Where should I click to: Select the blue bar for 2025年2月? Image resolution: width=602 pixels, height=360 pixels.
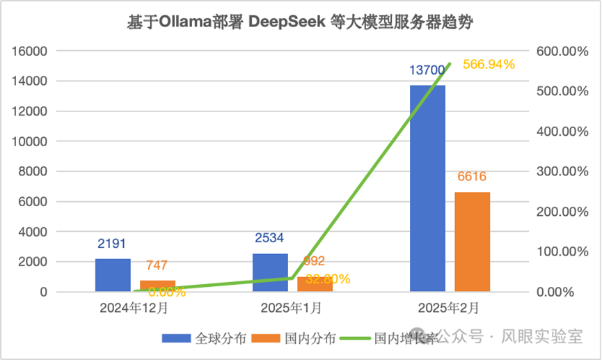click(427, 188)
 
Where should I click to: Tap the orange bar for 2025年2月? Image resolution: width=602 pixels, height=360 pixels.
click(473, 242)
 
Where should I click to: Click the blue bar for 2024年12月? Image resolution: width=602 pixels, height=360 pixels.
click(113, 275)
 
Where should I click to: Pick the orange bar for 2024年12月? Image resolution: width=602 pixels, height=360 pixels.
click(158, 286)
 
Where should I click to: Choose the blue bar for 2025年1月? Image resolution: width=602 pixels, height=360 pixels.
click(270, 272)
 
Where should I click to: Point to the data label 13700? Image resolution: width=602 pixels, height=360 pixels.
click(427, 70)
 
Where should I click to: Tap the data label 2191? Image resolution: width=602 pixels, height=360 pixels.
click(113, 244)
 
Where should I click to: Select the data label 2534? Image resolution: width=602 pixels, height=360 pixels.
click(270, 239)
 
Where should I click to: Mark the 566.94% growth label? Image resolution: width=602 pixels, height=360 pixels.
click(489, 65)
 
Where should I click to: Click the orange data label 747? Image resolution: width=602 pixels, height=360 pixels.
click(157, 265)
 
